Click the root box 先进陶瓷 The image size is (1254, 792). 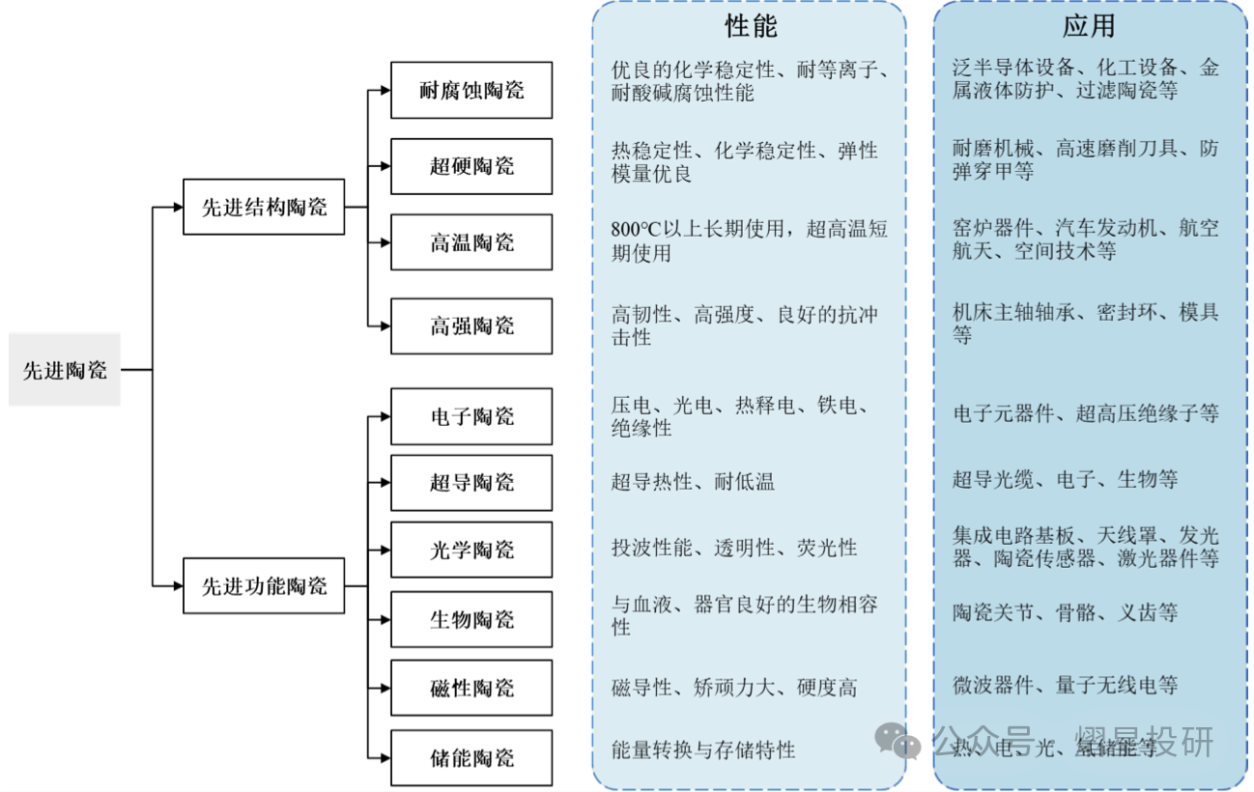pos(65,370)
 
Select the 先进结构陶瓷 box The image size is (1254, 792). pos(264,206)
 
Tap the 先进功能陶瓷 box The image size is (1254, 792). pos(264,585)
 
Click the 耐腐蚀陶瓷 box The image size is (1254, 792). pos(471,91)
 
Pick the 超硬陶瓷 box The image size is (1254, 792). pos(471,166)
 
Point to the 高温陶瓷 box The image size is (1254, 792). pos(471,241)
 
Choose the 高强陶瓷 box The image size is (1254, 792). pos(471,326)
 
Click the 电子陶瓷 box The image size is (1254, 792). pos(471,416)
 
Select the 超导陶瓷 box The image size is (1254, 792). pos(471,482)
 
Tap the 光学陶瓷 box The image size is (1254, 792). pos(471,550)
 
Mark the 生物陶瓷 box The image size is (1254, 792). pos(471,619)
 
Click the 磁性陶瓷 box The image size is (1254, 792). pos(471,688)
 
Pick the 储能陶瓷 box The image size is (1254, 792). pos(471,757)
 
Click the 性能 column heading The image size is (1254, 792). pos(751,26)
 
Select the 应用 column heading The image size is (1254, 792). pos(1089,26)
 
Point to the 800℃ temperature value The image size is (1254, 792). pos(634,230)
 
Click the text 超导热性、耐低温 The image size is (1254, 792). pos(693,481)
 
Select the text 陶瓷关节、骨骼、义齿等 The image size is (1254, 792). pos(1065,612)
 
